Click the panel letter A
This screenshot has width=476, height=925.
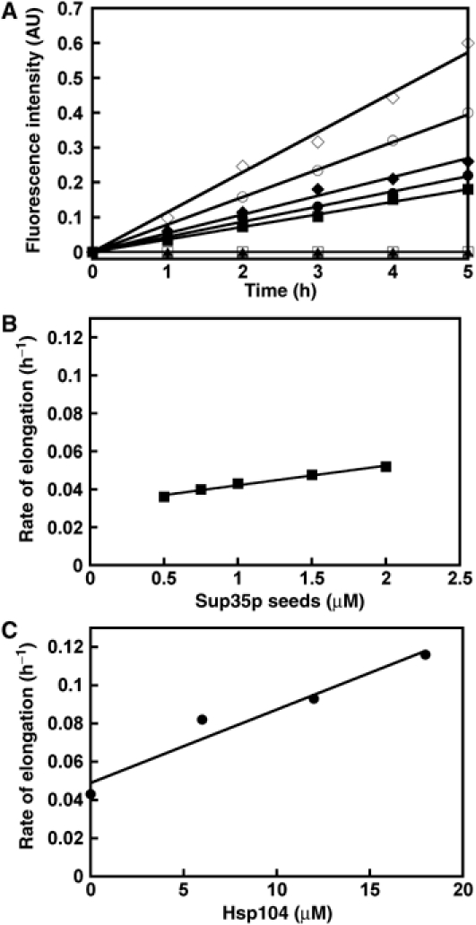(11, 10)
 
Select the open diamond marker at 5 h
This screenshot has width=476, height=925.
(467, 43)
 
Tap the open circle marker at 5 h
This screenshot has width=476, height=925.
(467, 113)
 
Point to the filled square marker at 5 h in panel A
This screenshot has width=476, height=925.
(467, 189)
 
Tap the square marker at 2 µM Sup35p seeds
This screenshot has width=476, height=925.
(385, 466)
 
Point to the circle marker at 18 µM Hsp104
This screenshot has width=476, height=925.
(425, 654)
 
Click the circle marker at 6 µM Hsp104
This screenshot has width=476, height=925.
(202, 719)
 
